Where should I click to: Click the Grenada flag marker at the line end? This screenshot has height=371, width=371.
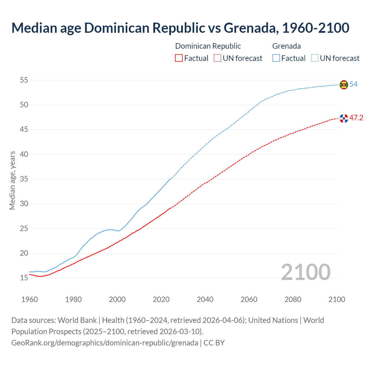tap(344, 84)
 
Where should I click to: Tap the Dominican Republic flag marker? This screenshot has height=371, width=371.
tap(344, 118)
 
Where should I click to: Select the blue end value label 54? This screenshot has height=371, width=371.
tap(354, 84)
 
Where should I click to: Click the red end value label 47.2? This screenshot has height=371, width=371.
tap(356, 118)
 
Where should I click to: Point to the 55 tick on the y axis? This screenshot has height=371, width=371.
tap(24, 80)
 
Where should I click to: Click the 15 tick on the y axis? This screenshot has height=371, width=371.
tap(24, 278)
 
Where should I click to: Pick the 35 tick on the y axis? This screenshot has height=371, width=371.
tap(24, 179)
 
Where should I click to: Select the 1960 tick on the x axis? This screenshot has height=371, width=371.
tap(30, 299)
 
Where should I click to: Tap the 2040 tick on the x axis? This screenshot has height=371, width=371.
tap(205, 299)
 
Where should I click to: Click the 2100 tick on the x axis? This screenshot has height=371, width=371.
tap(337, 299)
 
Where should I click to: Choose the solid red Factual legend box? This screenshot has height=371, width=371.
tap(179, 58)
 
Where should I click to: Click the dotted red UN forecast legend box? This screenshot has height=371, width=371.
tap(217, 58)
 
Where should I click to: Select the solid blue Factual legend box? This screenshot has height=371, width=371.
tap(276, 58)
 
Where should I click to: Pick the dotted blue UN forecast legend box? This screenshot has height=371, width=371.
tap(315, 58)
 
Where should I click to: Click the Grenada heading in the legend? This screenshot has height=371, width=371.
tap(286, 46)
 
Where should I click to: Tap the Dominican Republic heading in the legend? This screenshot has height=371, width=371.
tap(208, 46)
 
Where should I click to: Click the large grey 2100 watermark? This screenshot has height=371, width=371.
tap(305, 272)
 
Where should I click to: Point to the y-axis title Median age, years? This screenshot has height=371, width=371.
tap(12, 180)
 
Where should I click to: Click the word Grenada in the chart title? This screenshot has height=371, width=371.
tap(249, 28)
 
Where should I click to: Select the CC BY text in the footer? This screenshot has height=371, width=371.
tap(214, 343)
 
